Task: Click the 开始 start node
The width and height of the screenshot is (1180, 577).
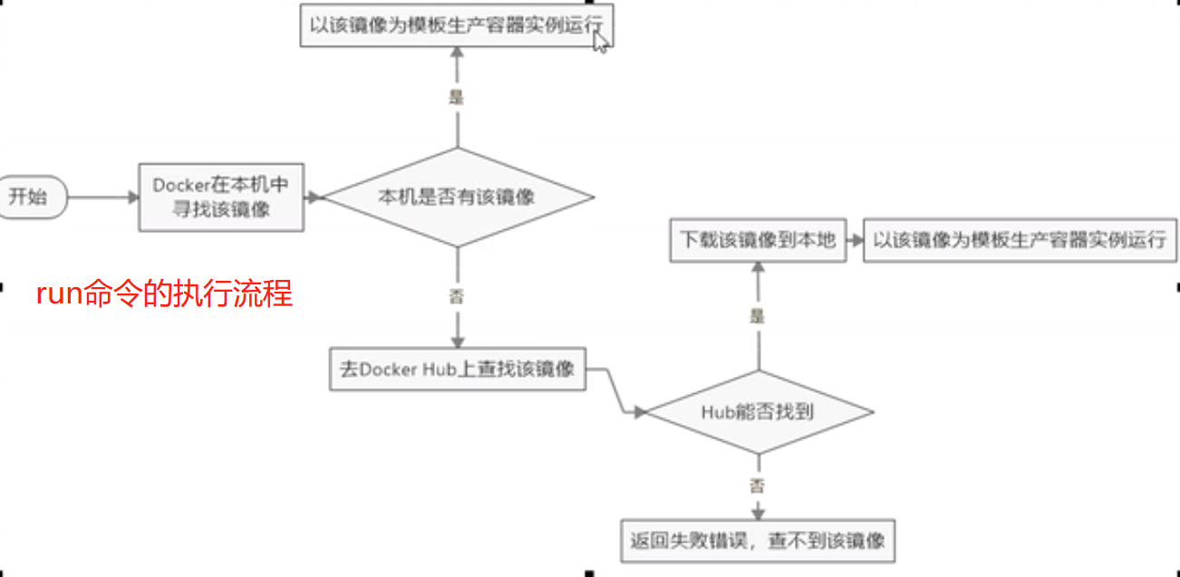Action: [x=32, y=197]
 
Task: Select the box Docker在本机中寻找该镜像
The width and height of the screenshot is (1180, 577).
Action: [x=220, y=197]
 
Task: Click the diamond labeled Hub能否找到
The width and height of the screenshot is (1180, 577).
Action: [x=757, y=412]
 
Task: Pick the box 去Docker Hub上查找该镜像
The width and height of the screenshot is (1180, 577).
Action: [x=457, y=370]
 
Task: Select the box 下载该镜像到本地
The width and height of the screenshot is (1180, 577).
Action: [x=758, y=240]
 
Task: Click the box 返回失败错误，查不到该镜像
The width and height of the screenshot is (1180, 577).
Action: [x=757, y=542]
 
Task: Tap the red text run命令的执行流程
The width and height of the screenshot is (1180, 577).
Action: [x=164, y=294]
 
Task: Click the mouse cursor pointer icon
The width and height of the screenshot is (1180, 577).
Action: [x=599, y=41]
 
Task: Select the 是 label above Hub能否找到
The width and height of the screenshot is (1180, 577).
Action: [x=757, y=315]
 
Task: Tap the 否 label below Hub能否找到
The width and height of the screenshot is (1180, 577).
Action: [x=757, y=486]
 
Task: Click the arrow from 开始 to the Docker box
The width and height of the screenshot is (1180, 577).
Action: [x=102, y=197]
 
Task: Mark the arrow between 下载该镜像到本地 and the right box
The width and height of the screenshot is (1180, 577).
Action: [x=854, y=240]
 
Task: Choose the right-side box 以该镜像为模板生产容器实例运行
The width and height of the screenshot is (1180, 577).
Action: [x=1020, y=240]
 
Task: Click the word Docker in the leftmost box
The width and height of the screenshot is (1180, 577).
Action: [x=181, y=185]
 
